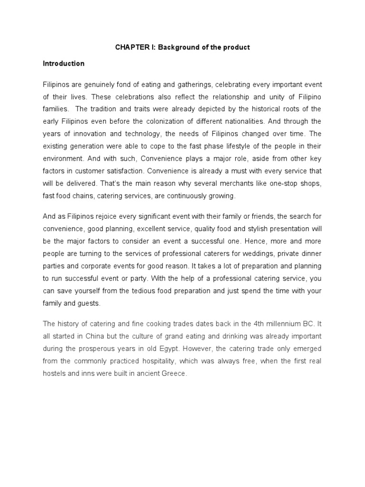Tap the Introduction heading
(x=64, y=63)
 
